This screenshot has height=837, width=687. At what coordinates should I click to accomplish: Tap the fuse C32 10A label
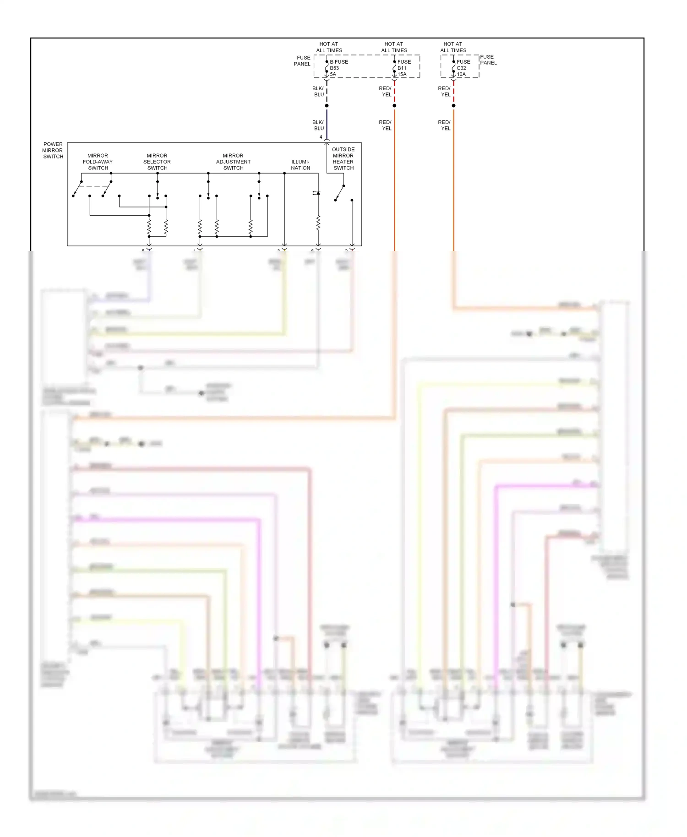[463, 68]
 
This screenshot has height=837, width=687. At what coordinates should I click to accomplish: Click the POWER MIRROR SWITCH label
[53, 150]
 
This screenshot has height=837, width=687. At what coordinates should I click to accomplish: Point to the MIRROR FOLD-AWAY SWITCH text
[98, 162]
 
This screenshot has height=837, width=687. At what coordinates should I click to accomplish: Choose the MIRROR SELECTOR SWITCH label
[157, 162]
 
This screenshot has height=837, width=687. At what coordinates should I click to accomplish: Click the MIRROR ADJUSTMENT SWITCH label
[233, 162]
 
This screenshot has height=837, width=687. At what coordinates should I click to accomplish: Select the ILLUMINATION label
[300, 165]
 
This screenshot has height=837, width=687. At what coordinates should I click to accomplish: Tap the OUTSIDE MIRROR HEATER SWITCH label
[343, 158]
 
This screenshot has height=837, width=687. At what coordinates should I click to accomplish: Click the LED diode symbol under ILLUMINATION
[318, 193]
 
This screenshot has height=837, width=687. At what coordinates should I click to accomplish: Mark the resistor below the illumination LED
[318, 223]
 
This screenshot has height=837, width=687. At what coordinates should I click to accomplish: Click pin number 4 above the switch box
[321, 137]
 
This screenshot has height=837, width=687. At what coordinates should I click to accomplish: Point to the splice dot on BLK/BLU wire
[327, 106]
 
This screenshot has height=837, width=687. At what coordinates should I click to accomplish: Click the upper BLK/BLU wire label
[318, 92]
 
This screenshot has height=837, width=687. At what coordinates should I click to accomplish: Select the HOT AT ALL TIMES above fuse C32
[453, 47]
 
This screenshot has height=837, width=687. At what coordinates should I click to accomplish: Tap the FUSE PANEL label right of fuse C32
[488, 60]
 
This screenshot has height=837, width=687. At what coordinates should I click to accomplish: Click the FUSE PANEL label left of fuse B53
[302, 61]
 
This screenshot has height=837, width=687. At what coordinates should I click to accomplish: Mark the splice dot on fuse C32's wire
[453, 106]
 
